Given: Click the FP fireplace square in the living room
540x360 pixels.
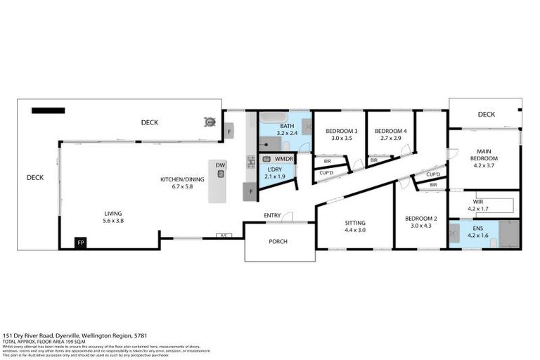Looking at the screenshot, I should click(x=82, y=243).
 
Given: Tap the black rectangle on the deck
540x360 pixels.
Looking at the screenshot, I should click(x=48, y=110).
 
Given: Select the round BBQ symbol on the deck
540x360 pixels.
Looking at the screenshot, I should click(x=209, y=122).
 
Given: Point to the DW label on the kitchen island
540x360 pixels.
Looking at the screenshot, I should click(x=220, y=166).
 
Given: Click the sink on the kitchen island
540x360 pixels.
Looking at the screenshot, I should click(x=220, y=174).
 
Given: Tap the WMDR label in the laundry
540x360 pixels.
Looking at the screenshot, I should click(x=283, y=160).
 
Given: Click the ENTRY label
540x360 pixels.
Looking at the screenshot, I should click(x=273, y=215).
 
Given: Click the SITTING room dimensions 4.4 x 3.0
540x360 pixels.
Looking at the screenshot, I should click(x=354, y=230).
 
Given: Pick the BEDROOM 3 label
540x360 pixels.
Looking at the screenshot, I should click(x=340, y=131).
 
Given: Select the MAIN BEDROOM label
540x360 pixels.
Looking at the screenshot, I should click(x=484, y=155).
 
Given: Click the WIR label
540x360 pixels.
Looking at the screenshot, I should click(x=484, y=201).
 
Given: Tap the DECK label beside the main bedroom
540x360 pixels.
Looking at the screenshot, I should click(x=486, y=115).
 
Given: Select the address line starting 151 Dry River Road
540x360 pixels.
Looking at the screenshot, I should click(x=75, y=336).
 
